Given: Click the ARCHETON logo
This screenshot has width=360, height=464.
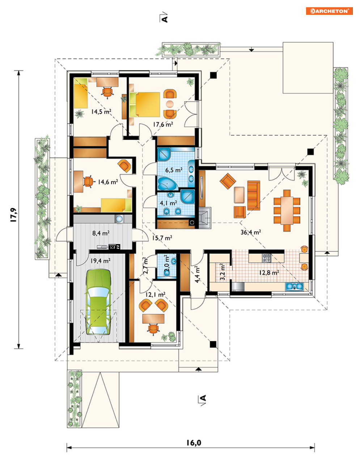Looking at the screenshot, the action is pos(329,11).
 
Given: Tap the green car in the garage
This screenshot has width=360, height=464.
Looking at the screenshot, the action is pos(98,302).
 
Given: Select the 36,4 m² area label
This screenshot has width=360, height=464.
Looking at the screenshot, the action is pos(251,232).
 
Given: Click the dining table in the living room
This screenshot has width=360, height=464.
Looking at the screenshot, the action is pos(287,210).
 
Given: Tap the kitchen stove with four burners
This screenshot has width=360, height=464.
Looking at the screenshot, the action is pos(267,257).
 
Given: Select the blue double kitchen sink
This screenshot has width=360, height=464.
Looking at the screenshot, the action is pos(294,286).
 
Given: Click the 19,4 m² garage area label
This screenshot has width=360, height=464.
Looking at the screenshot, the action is pos(100,261).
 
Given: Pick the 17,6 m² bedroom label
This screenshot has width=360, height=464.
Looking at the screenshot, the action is pos(163,124).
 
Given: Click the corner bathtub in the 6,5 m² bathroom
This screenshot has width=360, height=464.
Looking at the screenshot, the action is pos(167,183).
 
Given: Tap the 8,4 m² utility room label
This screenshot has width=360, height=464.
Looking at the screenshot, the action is pos(101,233).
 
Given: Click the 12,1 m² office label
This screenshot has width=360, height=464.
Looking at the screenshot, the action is pos(155,295).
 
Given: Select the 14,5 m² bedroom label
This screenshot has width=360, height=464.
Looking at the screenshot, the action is pos(101,111).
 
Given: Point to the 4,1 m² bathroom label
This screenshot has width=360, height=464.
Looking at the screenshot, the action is pos(168,203).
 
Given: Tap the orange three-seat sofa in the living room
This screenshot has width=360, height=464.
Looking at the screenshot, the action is pos(254,195).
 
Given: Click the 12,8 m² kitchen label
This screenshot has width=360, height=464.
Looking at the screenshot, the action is pos(269,273).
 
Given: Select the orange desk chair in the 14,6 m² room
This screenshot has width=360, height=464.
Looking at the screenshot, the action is pos(89,182).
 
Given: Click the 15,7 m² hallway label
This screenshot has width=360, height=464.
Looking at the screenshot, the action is pos(162,238).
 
